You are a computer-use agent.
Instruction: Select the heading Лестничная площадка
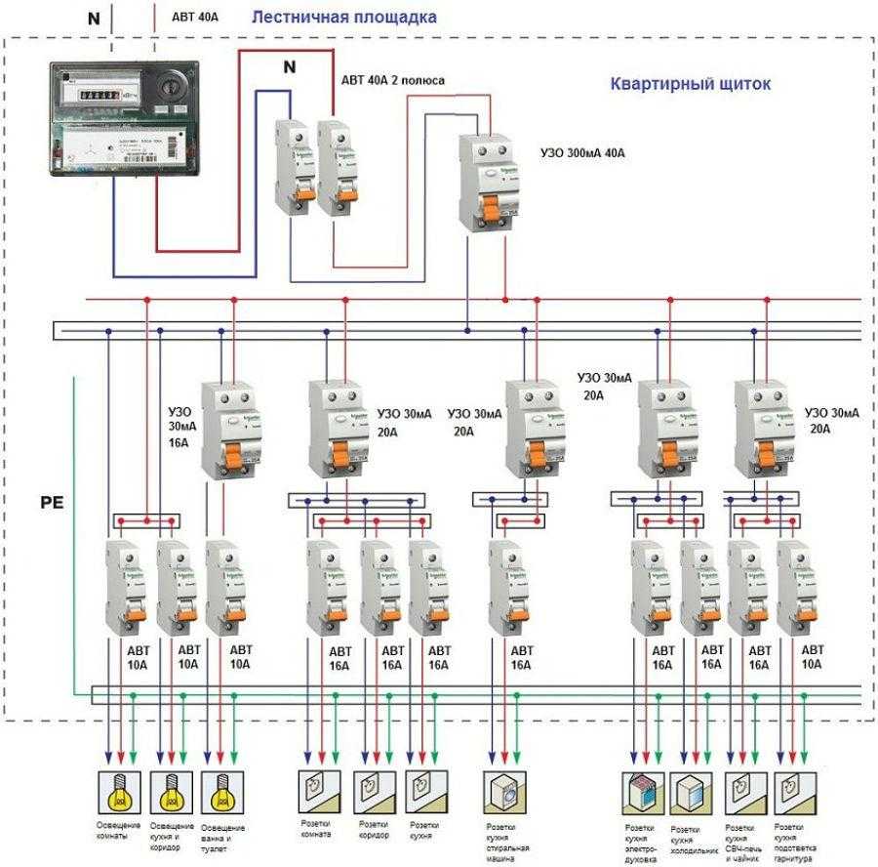point(343,18)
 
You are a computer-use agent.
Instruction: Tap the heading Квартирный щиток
point(690,84)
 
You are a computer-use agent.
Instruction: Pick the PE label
point(52,505)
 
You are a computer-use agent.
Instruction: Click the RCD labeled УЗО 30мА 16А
point(225,431)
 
